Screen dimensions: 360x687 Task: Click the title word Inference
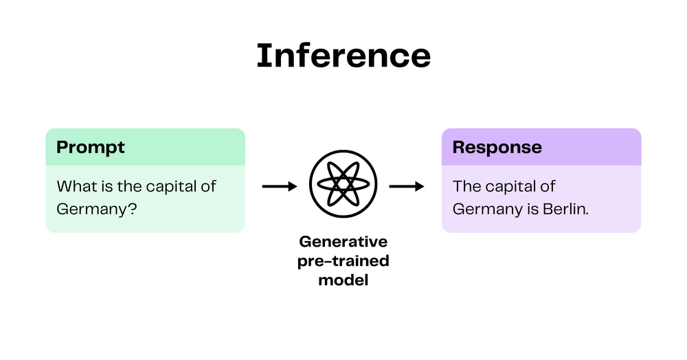(x=343, y=56)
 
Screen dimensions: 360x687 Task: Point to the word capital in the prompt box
(x=169, y=187)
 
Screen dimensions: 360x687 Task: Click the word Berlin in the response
(x=567, y=209)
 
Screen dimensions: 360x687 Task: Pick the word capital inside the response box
(x=510, y=187)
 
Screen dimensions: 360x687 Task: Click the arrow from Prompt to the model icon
(x=279, y=186)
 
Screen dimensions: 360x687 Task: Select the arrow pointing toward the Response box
(x=407, y=186)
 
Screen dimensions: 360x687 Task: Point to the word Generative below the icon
(x=343, y=243)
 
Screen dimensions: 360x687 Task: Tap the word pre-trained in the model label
(x=343, y=261)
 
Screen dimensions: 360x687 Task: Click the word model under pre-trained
(x=343, y=280)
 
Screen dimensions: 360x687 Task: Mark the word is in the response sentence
(x=533, y=209)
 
